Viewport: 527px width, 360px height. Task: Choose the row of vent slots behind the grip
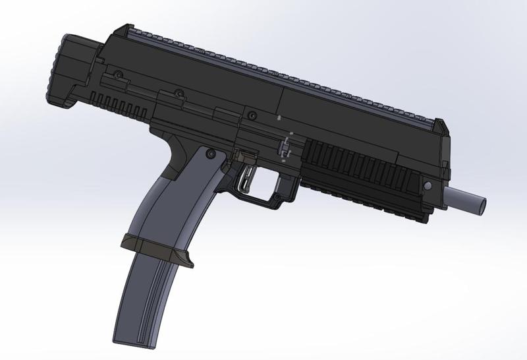point(119,105)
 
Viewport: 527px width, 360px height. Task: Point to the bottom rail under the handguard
point(369,201)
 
